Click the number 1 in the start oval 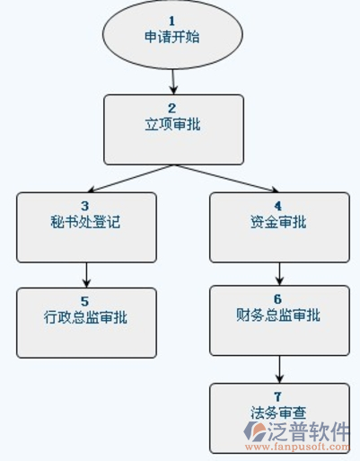point(171,21)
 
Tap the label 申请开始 point(172,37)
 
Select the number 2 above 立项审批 point(171,108)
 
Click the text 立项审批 point(172,124)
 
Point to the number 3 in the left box point(85,206)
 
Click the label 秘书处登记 point(85,222)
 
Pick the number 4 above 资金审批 point(278,206)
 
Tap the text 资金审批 point(278,222)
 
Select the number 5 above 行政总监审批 point(85,301)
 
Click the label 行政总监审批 point(85,317)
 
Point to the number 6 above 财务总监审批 point(278,299)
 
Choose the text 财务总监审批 point(278,315)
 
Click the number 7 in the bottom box point(278,396)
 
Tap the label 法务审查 point(278,412)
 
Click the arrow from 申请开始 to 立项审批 point(173,82)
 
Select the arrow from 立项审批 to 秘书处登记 point(130,179)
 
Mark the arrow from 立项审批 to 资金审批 point(226,179)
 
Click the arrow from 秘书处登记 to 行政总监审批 point(86,275)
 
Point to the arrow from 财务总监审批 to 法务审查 point(279,369)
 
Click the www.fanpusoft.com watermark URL point(297,447)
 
